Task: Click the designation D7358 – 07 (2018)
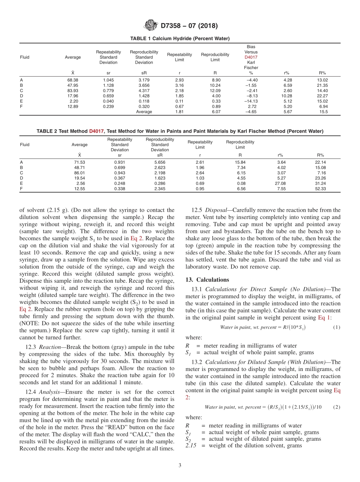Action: coord(189,26)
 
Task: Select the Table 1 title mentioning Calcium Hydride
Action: coord(180,39)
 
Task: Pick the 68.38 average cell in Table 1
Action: coord(73,80)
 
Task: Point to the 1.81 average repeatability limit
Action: coord(180,112)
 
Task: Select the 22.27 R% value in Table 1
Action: coord(323,96)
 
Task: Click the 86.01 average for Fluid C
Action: coord(80,173)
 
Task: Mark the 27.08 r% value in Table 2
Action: coord(281,183)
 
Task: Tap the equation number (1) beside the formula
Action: coord(337,327)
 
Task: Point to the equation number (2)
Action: coord(337,407)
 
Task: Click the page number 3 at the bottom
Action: coord(180,465)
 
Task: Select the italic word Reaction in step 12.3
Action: coord(49,347)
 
